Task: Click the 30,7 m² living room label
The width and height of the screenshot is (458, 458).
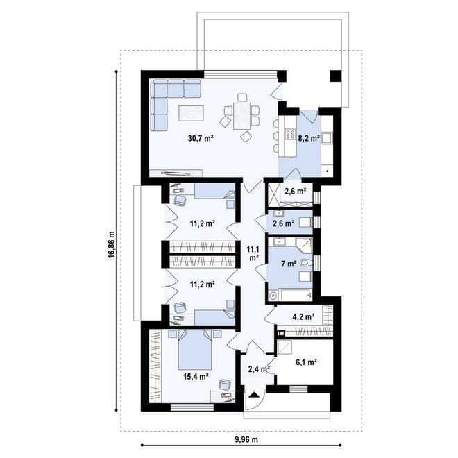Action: [x=201, y=138]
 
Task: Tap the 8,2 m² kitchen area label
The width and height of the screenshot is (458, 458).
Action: [x=308, y=138]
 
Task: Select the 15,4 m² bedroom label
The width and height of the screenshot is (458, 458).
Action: [x=196, y=377]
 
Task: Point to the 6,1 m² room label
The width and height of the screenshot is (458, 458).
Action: [x=307, y=362]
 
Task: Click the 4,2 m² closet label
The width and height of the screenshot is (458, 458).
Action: [x=303, y=316]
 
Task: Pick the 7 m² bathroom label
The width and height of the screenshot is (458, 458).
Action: [x=289, y=264]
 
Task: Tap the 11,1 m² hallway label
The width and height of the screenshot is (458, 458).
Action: [x=253, y=253]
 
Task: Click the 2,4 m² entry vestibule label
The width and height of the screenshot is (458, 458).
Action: [x=259, y=369]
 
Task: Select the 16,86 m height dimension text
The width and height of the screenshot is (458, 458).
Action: [x=111, y=245]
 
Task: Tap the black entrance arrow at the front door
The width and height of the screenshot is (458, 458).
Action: [x=254, y=395]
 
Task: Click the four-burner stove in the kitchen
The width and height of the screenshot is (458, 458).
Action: [x=290, y=134]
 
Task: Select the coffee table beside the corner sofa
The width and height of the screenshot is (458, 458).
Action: [x=191, y=113]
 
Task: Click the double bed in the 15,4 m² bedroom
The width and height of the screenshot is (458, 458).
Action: [x=195, y=349]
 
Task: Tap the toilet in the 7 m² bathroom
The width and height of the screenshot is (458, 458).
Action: [x=305, y=264]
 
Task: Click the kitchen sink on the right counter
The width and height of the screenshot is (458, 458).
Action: [x=327, y=138]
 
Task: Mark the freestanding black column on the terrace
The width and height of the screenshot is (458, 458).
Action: [x=336, y=76]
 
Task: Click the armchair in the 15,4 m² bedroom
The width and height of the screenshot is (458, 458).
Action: [x=225, y=384]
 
